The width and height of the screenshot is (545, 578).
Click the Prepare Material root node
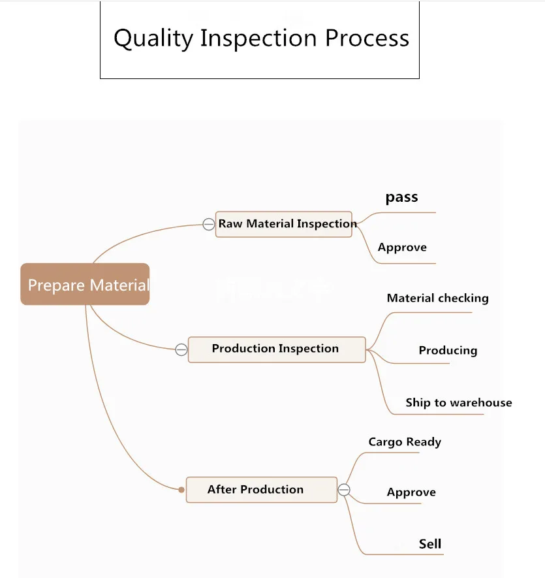click(86, 284)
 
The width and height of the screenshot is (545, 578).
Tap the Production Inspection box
click(276, 349)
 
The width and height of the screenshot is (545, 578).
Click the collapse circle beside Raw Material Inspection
click(208, 224)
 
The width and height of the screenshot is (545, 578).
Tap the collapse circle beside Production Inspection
click(181, 349)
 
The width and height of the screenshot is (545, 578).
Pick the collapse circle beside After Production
click(344, 490)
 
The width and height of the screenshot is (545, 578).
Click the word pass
click(401, 197)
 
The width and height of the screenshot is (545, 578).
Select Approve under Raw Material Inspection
click(402, 248)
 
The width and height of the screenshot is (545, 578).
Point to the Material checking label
click(437, 298)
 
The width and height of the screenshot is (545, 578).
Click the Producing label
click(448, 350)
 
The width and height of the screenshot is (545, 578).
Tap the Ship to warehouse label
click(458, 402)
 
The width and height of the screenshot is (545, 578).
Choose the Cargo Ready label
click(405, 442)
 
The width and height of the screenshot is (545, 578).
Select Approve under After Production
click(411, 492)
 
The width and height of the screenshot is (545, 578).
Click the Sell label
click(430, 543)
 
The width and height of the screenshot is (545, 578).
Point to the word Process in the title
click(367, 38)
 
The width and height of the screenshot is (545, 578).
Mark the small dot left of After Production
click(182, 490)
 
